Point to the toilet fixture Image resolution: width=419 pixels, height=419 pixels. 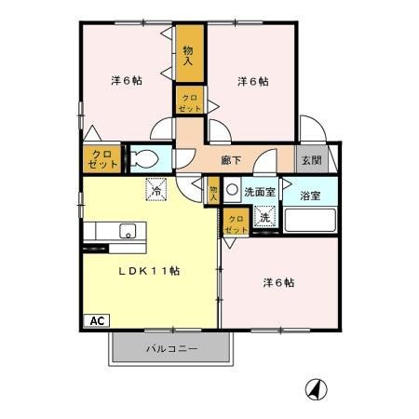[145, 159]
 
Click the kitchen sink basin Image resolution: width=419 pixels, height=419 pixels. [127, 232]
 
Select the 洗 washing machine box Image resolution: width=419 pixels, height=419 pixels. [264, 217]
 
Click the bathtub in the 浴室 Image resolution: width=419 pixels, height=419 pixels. [310, 222]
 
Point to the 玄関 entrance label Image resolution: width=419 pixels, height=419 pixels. [310, 160]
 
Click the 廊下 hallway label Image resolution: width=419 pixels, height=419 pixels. [232, 160]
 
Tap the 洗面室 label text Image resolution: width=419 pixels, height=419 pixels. [259, 192]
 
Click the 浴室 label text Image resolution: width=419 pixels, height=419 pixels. [310, 196]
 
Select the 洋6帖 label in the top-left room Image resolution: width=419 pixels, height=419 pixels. [126, 80]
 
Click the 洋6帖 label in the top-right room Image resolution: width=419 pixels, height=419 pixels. [252, 81]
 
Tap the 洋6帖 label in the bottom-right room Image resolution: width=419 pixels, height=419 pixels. [277, 282]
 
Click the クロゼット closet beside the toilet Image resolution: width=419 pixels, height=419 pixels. [101, 159]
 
